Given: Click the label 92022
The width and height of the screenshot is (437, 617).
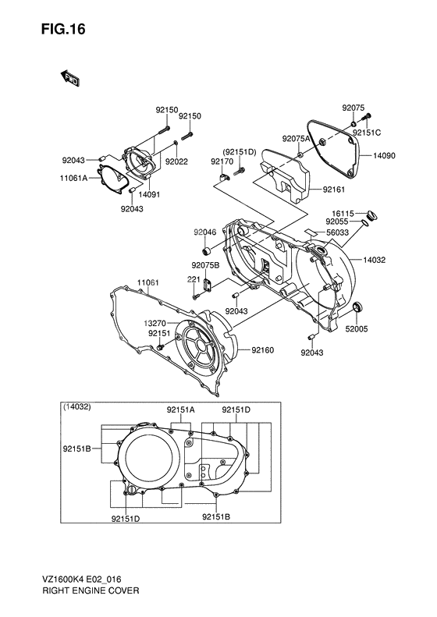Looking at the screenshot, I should (x=176, y=161).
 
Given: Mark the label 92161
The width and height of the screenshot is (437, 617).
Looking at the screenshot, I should (x=337, y=188).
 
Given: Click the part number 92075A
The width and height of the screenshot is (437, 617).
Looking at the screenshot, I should (x=297, y=138).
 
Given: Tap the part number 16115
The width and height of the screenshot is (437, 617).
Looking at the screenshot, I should (x=343, y=212).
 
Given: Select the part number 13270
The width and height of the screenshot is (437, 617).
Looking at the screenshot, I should (x=155, y=322).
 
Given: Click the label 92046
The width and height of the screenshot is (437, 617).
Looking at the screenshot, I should (x=205, y=232).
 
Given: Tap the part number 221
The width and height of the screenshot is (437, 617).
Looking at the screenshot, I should (x=193, y=279).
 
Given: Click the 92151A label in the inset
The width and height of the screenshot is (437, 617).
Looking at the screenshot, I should (x=180, y=410).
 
